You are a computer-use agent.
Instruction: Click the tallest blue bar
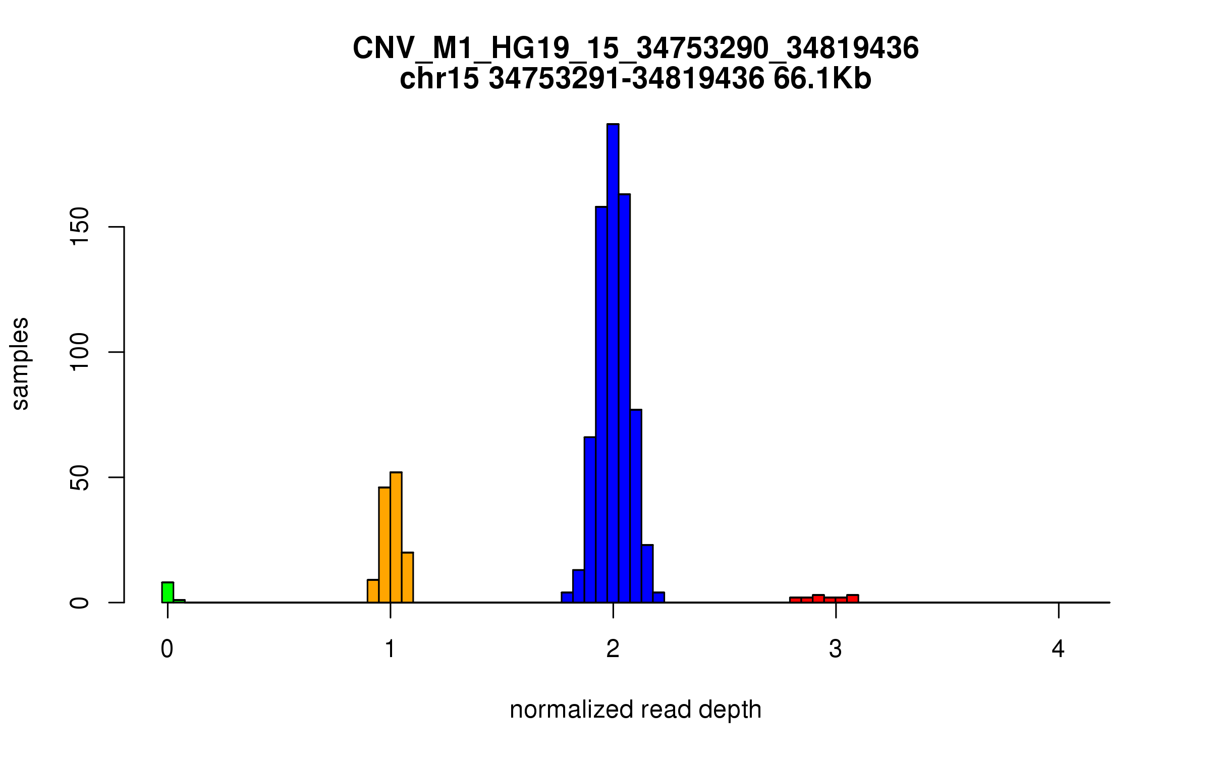tap(613, 363)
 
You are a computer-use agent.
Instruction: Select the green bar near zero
tap(168, 592)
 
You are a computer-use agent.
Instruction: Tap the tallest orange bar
tap(396, 537)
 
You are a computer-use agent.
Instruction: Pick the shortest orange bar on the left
tap(373, 591)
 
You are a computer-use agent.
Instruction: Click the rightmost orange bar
tap(408, 577)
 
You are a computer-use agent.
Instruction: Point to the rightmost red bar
tap(853, 599)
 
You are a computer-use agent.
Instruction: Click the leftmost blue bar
tap(567, 598)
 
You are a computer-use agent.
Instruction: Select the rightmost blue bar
tap(659, 598)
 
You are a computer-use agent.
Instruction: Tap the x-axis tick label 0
tap(167, 650)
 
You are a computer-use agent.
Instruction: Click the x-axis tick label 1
tap(390, 650)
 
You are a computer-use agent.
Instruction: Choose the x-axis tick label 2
tap(613, 650)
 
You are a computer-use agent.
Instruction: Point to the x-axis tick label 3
tap(836, 650)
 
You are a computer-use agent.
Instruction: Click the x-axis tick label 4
tap(1058, 650)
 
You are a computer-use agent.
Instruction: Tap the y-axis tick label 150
tap(80, 227)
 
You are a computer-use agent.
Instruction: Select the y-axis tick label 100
tap(80, 352)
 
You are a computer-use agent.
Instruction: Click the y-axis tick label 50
tap(80, 477)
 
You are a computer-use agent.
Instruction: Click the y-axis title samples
tap(20, 363)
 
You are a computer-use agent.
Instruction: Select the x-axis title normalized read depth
tap(635, 710)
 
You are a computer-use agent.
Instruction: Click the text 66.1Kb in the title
tap(822, 79)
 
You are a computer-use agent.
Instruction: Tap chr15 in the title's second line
tap(439, 79)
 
